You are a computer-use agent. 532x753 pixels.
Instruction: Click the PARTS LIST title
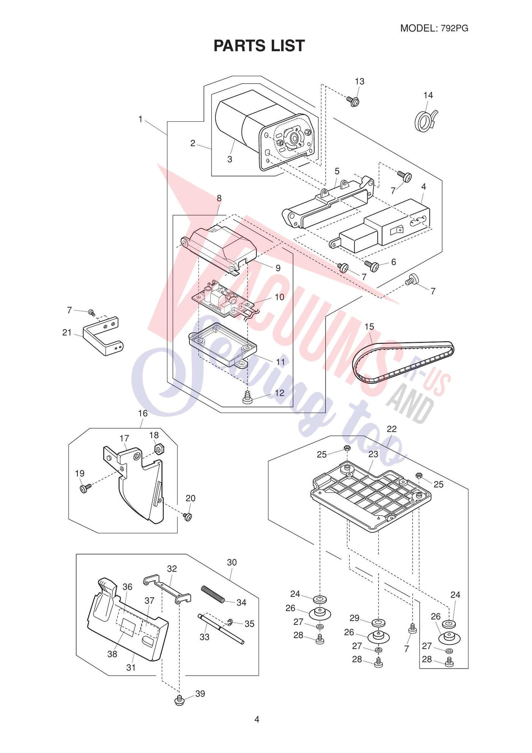point(259,46)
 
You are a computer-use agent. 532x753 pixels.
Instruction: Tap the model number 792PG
point(454,28)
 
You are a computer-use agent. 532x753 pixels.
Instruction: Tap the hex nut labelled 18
point(158,449)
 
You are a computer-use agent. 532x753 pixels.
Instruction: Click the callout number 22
point(391,429)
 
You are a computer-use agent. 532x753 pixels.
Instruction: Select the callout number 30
point(232,562)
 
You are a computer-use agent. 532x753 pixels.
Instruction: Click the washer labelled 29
point(378,622)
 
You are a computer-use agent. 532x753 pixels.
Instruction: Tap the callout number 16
point(142,413)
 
